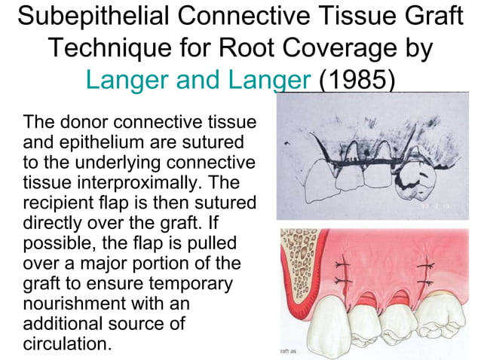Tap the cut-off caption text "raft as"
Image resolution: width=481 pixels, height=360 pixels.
click(289, 350)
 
